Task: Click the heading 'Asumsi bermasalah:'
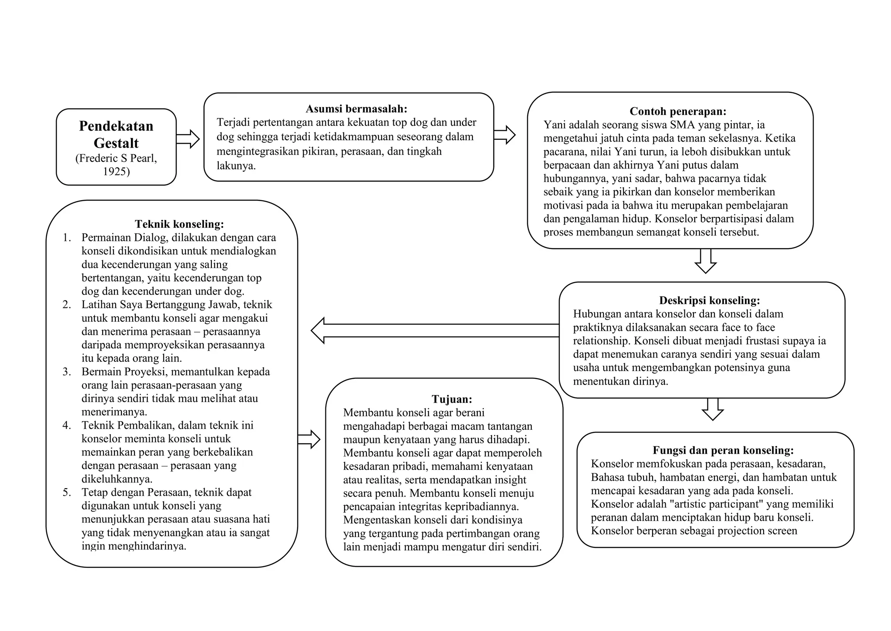coord(356,109)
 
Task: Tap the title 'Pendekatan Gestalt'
coord(116,134)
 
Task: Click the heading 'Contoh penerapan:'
coord(678,111)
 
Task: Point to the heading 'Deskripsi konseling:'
coord(709,300)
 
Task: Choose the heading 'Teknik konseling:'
coord(179,224)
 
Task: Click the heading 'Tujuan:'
coord(452,399)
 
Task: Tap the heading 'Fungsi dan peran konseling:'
coord(723,450)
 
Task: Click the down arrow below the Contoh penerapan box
coord(705,261)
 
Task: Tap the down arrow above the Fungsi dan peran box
coord(713,409)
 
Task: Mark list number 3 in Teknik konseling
coord(67,372)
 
